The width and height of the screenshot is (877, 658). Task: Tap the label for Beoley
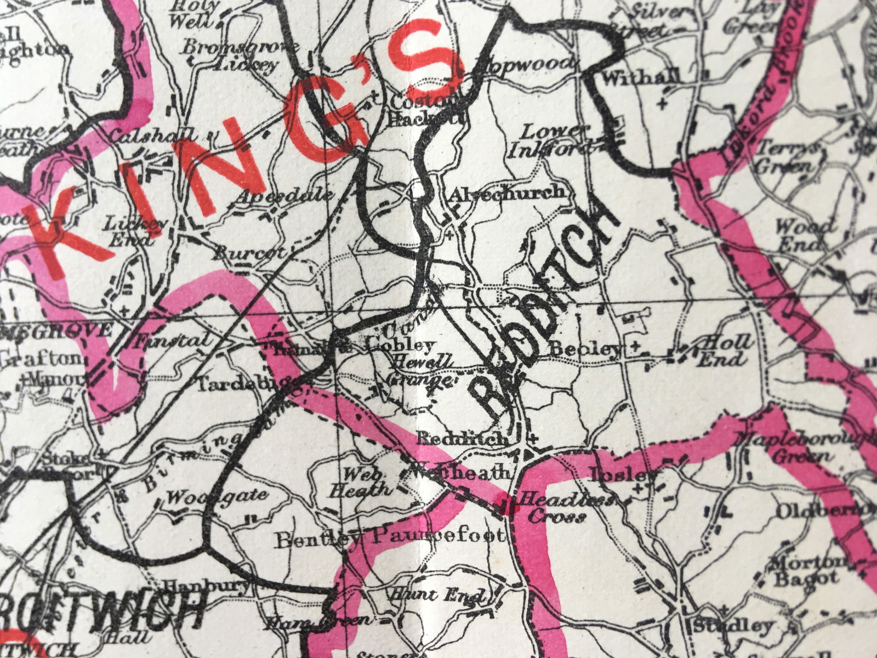point(586,348)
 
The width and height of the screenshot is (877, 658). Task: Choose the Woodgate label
point(217,497)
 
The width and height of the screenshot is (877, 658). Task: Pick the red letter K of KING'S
point(71,241)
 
